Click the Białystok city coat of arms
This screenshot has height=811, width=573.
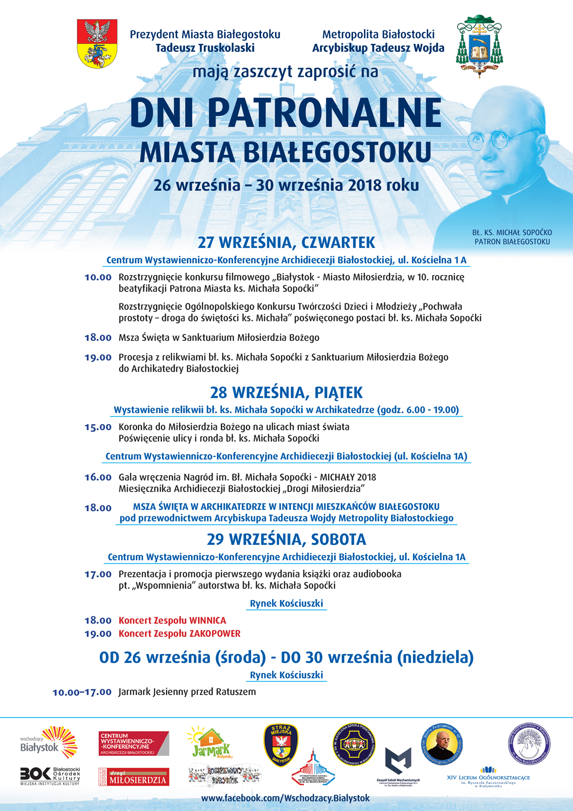97,44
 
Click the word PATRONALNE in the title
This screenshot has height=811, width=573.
325,113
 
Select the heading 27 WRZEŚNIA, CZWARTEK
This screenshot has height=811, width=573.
286,243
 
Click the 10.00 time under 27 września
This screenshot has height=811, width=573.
98,278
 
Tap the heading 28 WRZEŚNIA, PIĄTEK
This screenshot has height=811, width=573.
286,393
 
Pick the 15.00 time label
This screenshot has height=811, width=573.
98,427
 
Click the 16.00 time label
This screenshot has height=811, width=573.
98,477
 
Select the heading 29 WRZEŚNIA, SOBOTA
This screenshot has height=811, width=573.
286,539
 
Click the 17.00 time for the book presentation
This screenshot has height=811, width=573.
98,574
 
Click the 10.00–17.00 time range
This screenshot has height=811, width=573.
82,692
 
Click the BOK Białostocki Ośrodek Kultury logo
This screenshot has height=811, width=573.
50,776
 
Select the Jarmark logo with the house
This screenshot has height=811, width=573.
210,742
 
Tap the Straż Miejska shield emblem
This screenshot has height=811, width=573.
281,744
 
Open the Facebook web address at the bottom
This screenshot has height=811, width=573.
285,798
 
